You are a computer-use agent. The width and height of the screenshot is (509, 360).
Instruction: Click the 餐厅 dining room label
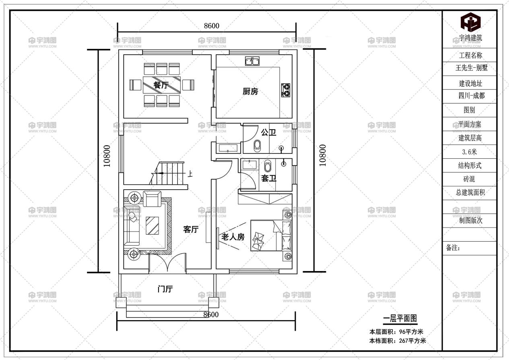(161, 85)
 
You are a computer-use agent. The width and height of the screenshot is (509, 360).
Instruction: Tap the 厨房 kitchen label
(250, 91)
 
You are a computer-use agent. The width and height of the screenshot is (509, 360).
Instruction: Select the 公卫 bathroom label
(268, 132)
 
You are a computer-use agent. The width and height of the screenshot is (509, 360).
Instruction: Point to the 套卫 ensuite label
(268, 178)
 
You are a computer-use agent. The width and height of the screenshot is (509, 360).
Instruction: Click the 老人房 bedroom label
(233, 237)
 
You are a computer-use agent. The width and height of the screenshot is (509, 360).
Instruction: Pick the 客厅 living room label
(191, 230)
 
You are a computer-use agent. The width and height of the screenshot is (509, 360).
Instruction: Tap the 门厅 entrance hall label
(165, 289)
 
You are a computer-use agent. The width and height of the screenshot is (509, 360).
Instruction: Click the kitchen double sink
(252, 62)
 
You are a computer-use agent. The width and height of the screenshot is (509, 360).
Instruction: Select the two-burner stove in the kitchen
(286, 90)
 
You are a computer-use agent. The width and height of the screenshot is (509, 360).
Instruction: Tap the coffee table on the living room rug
(152, 226)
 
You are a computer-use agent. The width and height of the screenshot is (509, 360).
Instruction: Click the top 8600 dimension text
(211, 26)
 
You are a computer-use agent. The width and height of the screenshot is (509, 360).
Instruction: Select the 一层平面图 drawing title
(400, 318)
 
